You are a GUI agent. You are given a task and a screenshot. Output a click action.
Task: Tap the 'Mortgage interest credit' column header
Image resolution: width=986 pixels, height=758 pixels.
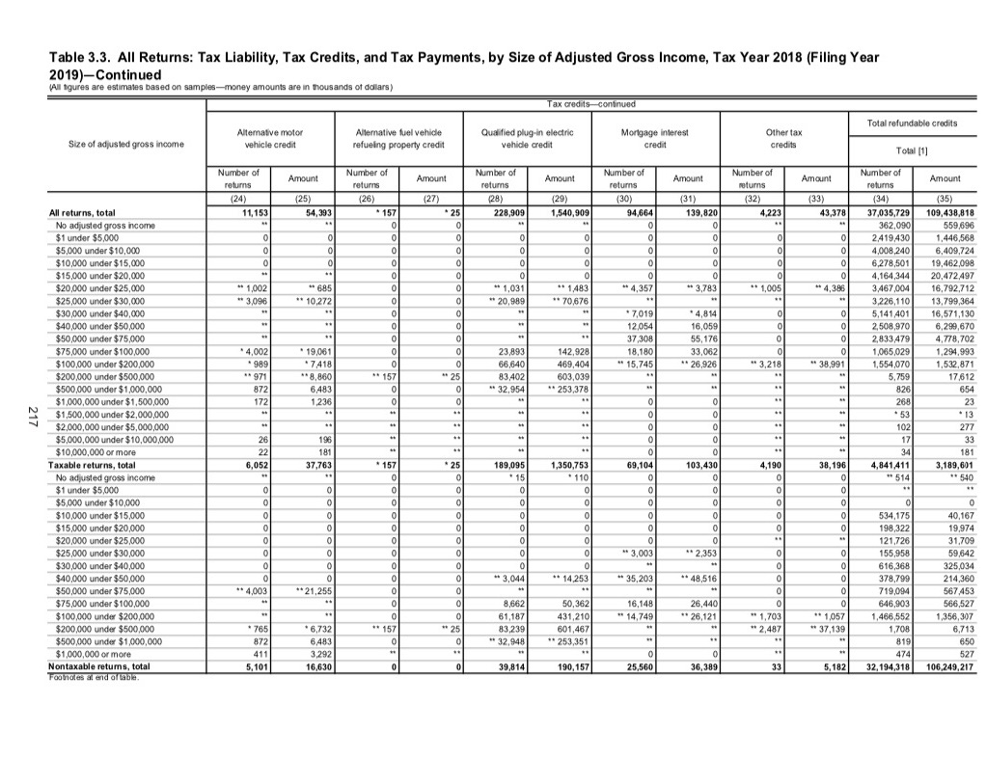[657, 138]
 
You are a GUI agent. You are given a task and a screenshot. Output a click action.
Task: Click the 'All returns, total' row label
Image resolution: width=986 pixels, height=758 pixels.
[81, 212]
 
